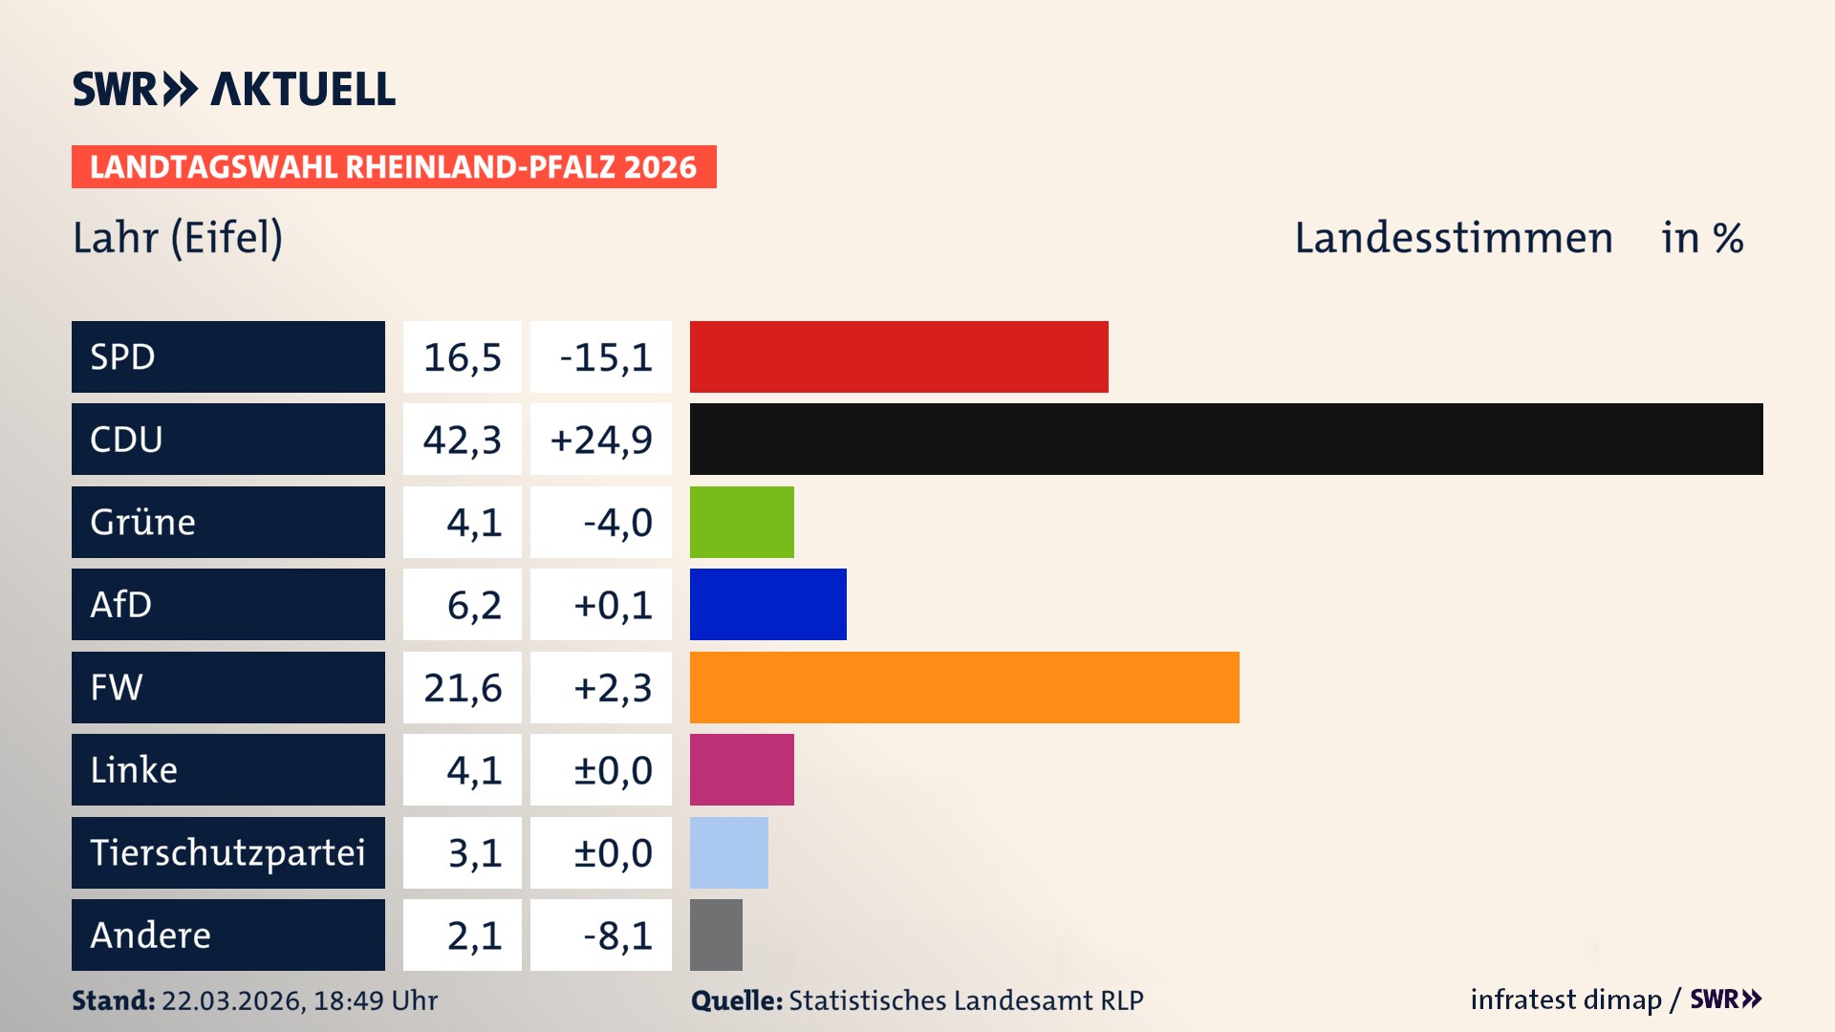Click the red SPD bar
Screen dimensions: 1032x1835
pyautogui.click(x=898, y=356)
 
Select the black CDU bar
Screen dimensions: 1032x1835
pyautogui.click(x=1225, y=439)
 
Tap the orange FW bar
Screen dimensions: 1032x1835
pyautogui.click(x=963, y=687)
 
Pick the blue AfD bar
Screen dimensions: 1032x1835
pyautogui.click(x=767, y=604)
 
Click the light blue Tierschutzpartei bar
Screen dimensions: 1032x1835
pyautogui.click(x=728, y=852)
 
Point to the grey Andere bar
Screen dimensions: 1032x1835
pyautogui.click(x=716, y=935)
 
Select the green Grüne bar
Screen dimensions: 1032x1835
pyautogui.click(x=742, y=522)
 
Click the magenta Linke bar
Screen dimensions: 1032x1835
pyautogui.click(x=742, y=769)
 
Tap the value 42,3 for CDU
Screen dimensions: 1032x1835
pyautogui.click(x=463, y=440)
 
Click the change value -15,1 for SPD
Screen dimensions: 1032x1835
pyautogui.click(x=605, y=357)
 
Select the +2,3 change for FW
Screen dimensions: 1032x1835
pyautogui.click(x=612, y=688)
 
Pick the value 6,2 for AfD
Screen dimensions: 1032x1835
pyautogui.click(x=474, y=605)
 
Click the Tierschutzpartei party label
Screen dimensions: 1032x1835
pyautogui.click(x=227, y=852)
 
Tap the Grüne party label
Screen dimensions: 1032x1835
pyautogui.click(x=143, y=522)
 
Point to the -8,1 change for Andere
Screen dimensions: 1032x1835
pyautogui.click(x=616, y=935)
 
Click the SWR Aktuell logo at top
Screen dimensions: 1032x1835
pyautogui.click(x=234, y=89)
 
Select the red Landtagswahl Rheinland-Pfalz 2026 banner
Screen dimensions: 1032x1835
pyautogui.click(x=394, y=167)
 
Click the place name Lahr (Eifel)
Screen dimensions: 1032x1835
pyautogui.click(x=178, y=238)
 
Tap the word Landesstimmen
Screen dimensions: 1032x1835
pyautogui.click(x=1453, y=238)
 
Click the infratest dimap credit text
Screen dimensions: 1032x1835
pyautogui.click(x=1565, y=1000)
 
